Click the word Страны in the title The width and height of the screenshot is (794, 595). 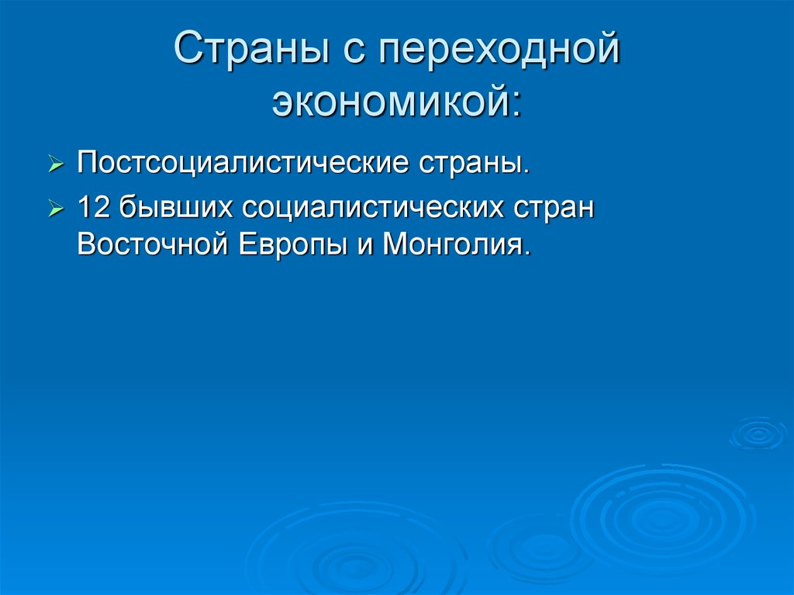251,49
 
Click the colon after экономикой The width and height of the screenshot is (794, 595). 516,103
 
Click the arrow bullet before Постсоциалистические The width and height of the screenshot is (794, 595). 56,164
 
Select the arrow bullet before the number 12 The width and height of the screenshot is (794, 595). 56,209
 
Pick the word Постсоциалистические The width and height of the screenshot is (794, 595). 243,163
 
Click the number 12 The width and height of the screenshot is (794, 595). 93,207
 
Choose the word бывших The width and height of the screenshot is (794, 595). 175,207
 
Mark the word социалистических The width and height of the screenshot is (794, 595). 373,208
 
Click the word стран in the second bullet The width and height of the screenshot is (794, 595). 554,209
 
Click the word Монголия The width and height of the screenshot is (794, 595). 452,244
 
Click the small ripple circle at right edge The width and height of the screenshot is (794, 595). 758,434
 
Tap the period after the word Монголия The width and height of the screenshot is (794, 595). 527,253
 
